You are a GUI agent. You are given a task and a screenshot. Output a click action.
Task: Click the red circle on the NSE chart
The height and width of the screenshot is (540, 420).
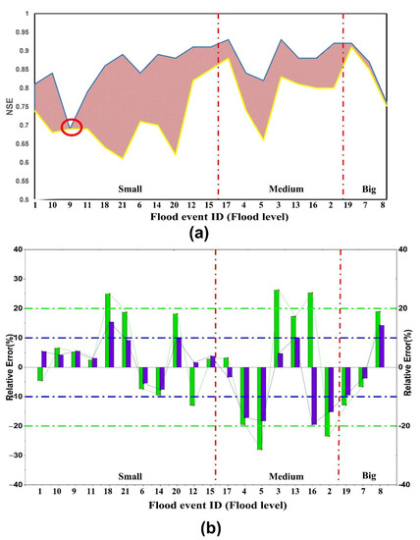(71, 127)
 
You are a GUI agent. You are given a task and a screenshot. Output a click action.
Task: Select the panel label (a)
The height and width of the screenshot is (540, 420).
(211, 235)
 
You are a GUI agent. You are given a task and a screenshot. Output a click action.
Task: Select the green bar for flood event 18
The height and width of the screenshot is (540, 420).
(108, 330)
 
